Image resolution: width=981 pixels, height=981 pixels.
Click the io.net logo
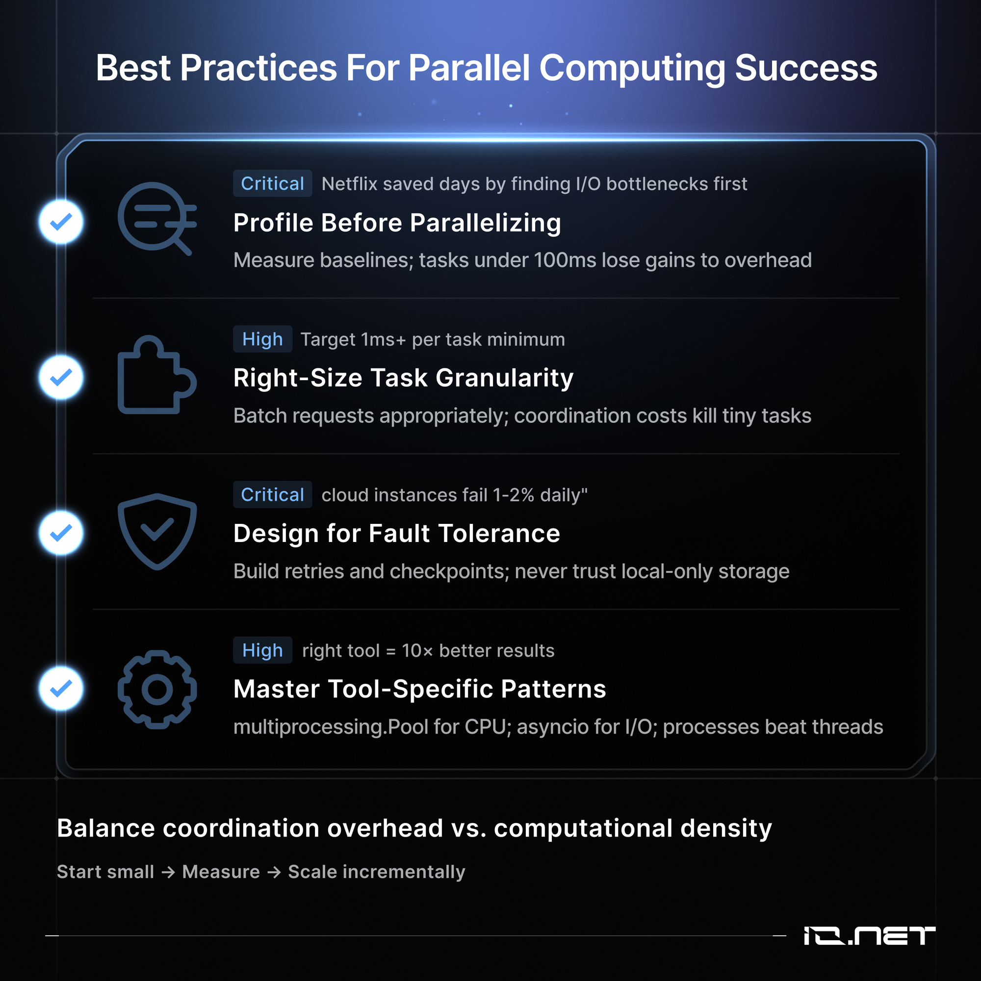coord(869,936)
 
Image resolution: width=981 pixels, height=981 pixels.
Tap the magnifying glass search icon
coord(157,218)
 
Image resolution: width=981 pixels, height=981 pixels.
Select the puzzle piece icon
coord(157,375)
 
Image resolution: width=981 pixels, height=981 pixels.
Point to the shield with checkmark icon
coord(157,532)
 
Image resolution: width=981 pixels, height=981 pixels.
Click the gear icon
coord(157,690)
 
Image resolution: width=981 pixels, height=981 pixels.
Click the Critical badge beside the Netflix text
coord(272,183)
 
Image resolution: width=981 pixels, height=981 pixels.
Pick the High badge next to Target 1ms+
coord(262,338)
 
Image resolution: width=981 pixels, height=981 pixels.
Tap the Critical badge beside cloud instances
coord(272,494)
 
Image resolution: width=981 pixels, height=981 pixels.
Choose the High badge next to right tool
coord(262,650)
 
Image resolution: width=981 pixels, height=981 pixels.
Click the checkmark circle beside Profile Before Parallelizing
coord(61,222)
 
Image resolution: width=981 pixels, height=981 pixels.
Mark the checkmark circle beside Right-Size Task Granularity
coord(61,377)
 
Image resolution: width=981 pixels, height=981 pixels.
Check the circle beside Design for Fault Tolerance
coord(61,533)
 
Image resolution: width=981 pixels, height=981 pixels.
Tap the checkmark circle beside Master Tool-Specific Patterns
coord(61,689)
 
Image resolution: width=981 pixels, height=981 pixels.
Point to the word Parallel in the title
coord(469,68)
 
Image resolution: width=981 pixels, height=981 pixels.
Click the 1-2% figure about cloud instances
coord(514,495)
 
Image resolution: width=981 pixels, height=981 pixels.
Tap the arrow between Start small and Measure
coord(168,872)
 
